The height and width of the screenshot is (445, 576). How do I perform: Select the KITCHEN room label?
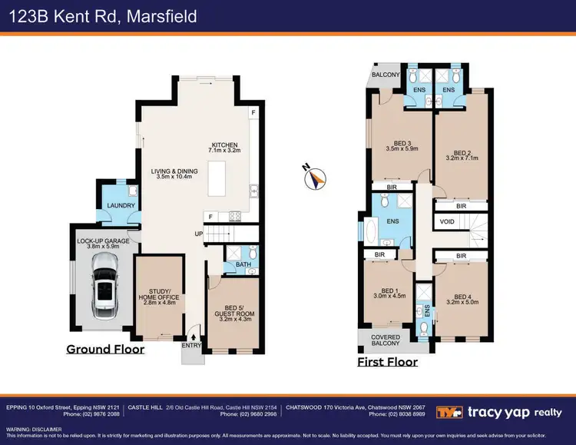tap(226, 145)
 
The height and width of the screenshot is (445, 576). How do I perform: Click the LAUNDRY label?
tap(121, 205)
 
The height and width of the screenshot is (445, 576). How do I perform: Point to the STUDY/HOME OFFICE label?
tap(159, 295)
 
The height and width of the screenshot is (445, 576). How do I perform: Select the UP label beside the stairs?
tap(197, 233)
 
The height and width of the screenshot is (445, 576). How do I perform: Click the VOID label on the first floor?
tap(448, 221)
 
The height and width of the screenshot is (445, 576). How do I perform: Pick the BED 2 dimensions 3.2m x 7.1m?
tap(462, 158)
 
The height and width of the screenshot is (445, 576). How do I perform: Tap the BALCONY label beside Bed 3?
tap(386, 75)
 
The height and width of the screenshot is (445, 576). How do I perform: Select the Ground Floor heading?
tap(105, 349)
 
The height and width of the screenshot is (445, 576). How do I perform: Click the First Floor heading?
tap(388, 361)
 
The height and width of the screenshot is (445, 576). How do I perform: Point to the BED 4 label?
tap(462, 297)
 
